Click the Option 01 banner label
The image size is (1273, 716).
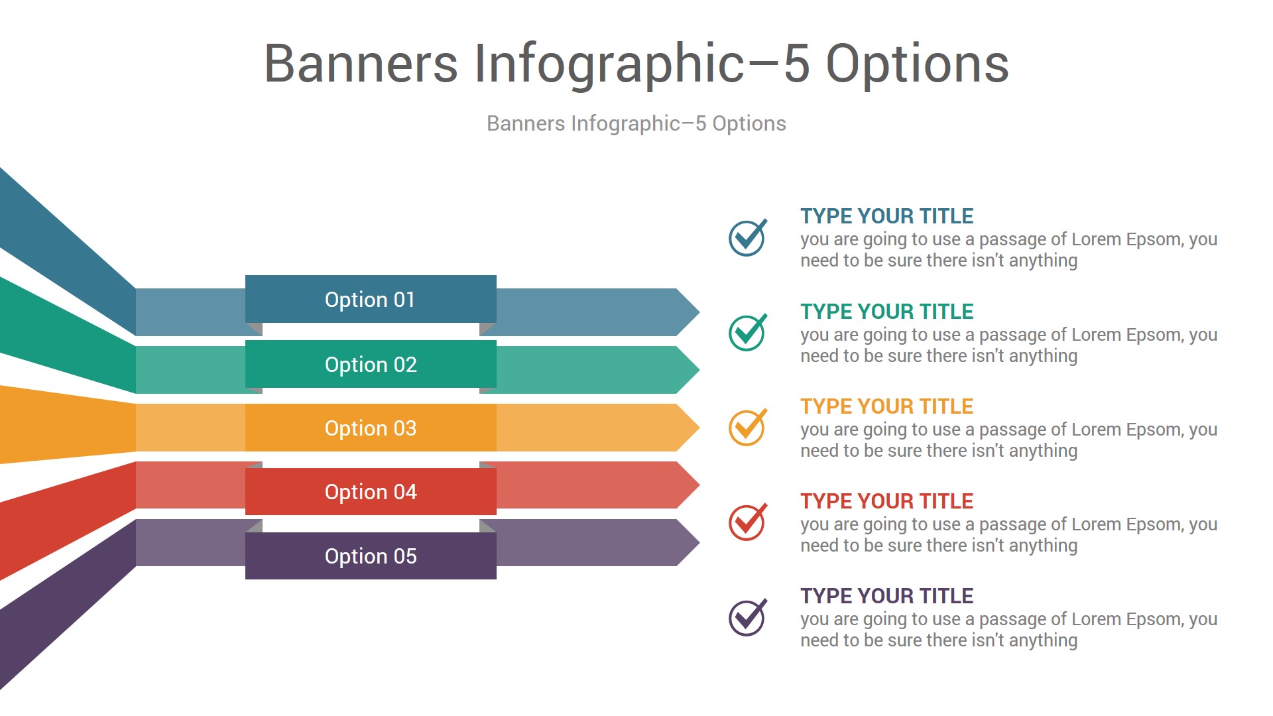tap(370, 300)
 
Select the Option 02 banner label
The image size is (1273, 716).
tap(371, 365)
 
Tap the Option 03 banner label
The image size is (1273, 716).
tap(371, 428)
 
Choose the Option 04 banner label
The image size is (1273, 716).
tap(371, 492)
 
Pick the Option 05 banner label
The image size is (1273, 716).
tap(371, 556)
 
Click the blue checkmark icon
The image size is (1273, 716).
tap(748, 237)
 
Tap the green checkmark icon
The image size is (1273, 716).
tap(748, 332)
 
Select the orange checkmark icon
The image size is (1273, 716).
tap(748, 427)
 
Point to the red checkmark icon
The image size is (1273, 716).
tap(748, 522)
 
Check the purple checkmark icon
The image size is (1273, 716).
tap(748, 617)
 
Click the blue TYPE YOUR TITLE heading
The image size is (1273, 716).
tap(886, 216)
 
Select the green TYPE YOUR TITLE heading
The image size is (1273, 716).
tap(886, 312)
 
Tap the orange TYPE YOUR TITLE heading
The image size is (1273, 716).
tap(886, 406)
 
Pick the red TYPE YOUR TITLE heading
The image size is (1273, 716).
tap(886, 501)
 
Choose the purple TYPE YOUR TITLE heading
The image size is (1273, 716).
tap(886, 596)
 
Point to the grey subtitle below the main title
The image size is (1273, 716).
tap(636, 123)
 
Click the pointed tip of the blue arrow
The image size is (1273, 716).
tap(699, 312)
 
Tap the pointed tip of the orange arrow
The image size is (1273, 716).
tap(699, 428)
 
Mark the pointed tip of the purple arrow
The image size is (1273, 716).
tap(699, 542)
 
